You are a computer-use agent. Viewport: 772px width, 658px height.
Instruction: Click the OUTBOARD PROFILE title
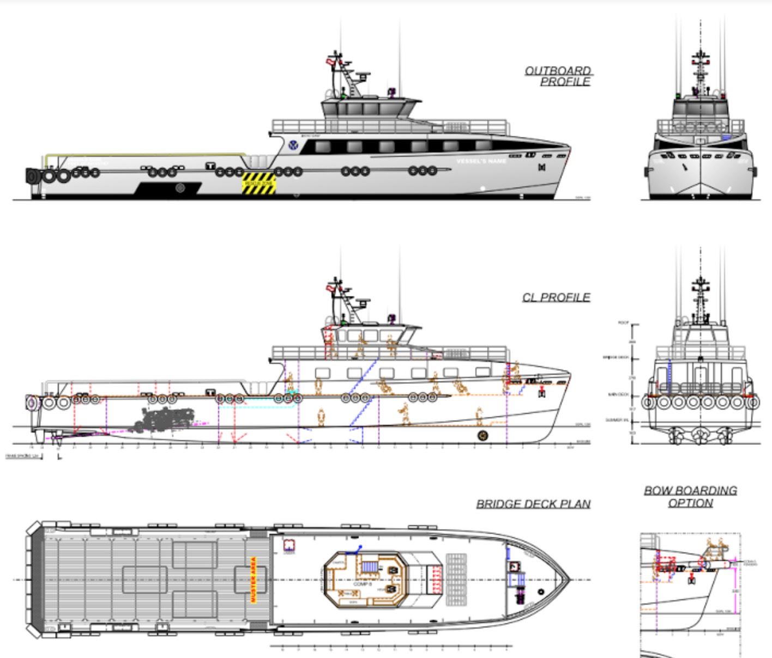click(559, 76)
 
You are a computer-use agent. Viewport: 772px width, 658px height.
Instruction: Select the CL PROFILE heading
click(556, 297)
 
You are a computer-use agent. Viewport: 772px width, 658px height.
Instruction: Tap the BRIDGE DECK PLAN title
click(533, 504)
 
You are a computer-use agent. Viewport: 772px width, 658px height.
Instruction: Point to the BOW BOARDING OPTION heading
click(690, 496)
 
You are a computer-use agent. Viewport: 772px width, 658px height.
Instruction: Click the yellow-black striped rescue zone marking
click(259, 183)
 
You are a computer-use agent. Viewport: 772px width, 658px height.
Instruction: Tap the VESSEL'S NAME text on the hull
click(481, 161)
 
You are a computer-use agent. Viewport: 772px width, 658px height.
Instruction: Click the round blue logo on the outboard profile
click(294, 145)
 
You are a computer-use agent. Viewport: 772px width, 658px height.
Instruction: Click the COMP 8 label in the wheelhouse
click(362, 584)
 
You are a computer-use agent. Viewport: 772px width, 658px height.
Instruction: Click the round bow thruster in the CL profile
click(482, 435)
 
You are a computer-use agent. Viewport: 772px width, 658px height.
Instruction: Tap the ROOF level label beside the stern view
click(623, 323)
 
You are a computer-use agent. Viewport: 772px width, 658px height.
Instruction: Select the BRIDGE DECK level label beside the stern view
click(616, 358)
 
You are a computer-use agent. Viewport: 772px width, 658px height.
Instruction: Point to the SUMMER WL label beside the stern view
click(617, 420)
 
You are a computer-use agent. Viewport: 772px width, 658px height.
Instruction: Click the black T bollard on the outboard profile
click(210, 166)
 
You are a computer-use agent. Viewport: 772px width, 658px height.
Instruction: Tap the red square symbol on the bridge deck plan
click(288, 544)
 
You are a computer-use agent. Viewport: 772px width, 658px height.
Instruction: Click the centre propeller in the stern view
click(700, 435)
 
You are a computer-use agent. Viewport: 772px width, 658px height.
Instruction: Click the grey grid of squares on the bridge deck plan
click(457, 580)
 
